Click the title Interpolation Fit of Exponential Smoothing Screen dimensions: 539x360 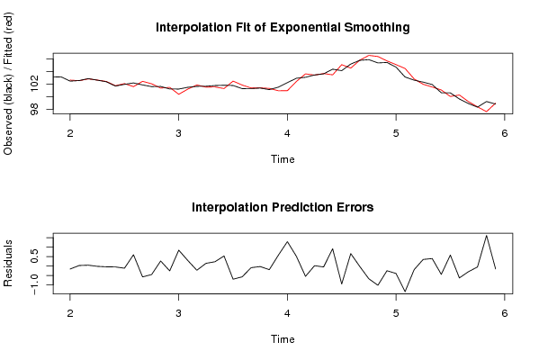click(x=283, y=27)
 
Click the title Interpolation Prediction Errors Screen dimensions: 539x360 click(x=283, y=207)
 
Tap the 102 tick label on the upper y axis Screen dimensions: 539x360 click(x=35, y=85)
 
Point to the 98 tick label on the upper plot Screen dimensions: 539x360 click(x=35, y=109)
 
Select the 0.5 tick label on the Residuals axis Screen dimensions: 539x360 click(x=35, y=256)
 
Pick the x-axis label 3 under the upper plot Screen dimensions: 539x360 click(x=178, y=133)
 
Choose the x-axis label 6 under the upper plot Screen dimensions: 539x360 click(x=504, y=133)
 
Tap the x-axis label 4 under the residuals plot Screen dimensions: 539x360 click(x=287, y=313)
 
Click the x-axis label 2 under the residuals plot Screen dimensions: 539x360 click(x=70, y=313)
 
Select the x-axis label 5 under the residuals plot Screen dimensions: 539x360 click(x=396, y=313)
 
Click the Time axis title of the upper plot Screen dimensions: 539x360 click(x=283, y=159)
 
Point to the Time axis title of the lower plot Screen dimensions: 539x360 click(x=283, y=339)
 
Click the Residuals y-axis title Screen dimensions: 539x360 click(x=7, y=264)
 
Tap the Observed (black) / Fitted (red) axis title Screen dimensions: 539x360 click(x=7, y=84)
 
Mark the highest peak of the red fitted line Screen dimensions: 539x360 click(x=369, y=55)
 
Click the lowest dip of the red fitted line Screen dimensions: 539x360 click(x=487, y=112)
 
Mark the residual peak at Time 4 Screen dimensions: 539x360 click(x=287, y=242)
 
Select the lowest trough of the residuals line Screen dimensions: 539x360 click(x=405, y=292)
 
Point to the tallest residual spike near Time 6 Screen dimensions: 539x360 click(x=487, y=236)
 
